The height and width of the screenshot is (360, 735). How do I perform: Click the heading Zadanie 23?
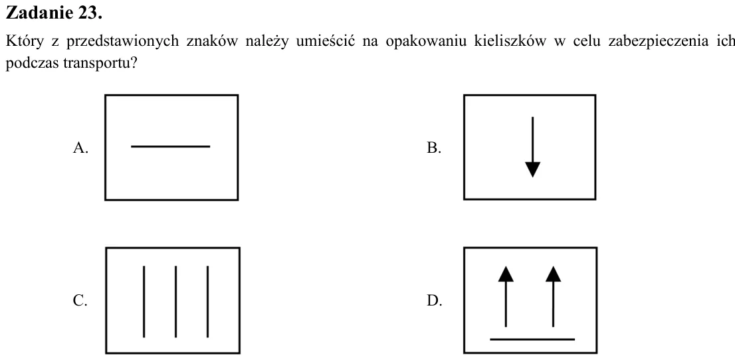[53, 13]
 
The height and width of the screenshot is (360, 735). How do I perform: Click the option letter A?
[80, 147]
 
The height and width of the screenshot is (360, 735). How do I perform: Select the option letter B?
[433, 147]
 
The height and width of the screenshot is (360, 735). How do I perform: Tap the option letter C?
[80, 300]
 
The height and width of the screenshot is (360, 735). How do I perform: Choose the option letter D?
[434, 300]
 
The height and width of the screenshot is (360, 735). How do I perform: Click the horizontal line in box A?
[171, 146]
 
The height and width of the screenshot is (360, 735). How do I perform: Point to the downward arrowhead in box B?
[532, 169]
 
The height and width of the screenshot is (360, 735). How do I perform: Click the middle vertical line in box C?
[176, 302]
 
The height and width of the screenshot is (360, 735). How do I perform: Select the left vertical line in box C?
[144, 302]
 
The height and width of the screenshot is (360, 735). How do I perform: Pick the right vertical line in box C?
[207, 302]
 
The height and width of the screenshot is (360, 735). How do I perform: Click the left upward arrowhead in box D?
[506, 274]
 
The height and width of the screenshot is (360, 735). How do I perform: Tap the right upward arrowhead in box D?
[553, 274]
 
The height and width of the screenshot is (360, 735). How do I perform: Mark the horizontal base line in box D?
[532, 339]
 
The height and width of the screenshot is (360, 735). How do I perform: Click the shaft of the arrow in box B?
[532, 139]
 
